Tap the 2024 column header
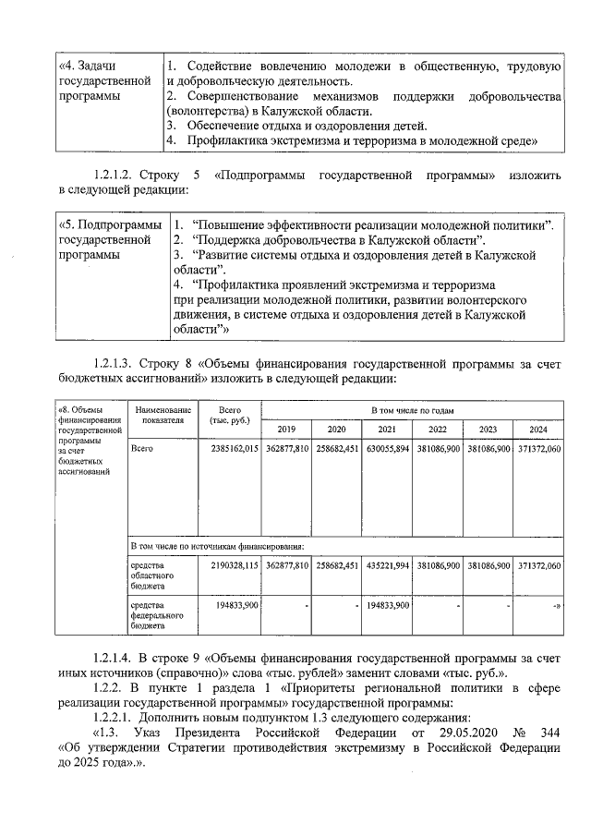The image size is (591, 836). click(x=537, y=429)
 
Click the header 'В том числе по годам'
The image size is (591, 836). click(x=412, y=409)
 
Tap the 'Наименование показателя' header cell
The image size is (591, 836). click(x=163, y=415)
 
